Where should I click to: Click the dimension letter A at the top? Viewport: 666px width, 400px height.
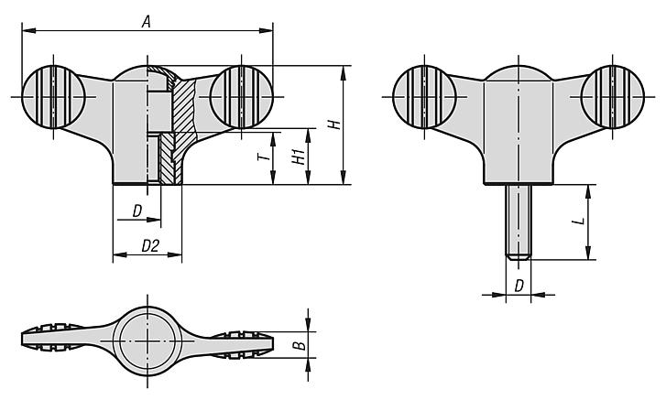point(146,21)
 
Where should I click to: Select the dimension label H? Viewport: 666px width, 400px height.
point(335,124)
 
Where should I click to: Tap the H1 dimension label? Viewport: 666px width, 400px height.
point(298,157)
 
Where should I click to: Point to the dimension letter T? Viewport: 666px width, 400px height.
point(262,157)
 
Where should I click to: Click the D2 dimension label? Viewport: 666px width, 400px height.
point(151,245)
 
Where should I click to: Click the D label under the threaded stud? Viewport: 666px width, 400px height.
point(519,286)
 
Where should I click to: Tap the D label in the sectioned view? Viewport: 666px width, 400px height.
point(136,211)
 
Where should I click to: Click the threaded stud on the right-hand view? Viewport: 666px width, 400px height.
point(519,220)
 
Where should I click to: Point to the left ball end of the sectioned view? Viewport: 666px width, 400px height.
point(52,96)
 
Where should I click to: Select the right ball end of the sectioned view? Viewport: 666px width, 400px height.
point(242,96)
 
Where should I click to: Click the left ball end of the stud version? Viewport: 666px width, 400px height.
point(423,96)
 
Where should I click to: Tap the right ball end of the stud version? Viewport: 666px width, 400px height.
point(612,96)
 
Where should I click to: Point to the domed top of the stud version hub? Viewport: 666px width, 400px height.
point(519,73)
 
